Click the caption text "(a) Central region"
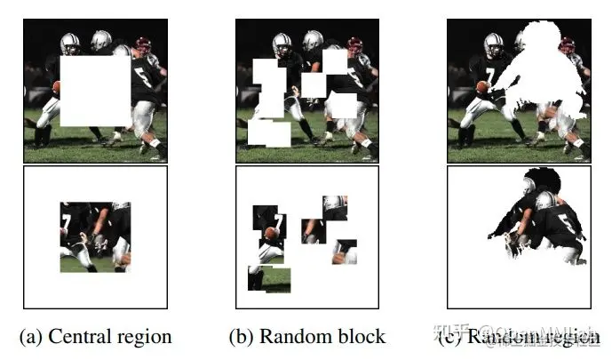[95, 336]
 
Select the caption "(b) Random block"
[307, 336]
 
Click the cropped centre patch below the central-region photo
[95, 236]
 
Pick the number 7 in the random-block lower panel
[278, 218]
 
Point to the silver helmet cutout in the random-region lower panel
[544, 201]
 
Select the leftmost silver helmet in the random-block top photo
[282, 41]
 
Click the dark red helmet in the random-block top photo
[355, 44]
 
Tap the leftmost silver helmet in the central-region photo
[70, 41]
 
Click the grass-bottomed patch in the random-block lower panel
[269, 280]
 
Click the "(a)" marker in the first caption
[31, 336]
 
